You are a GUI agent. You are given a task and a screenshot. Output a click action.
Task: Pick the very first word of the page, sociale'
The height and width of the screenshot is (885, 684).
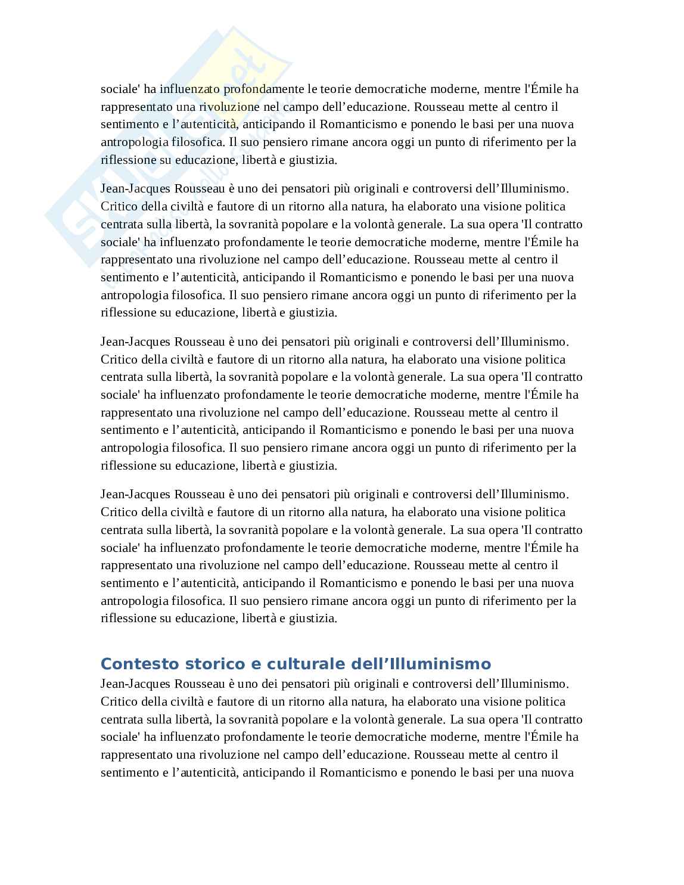click(120, 89)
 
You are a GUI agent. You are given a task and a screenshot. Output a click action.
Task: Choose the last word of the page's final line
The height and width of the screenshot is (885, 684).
click(558, 772)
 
